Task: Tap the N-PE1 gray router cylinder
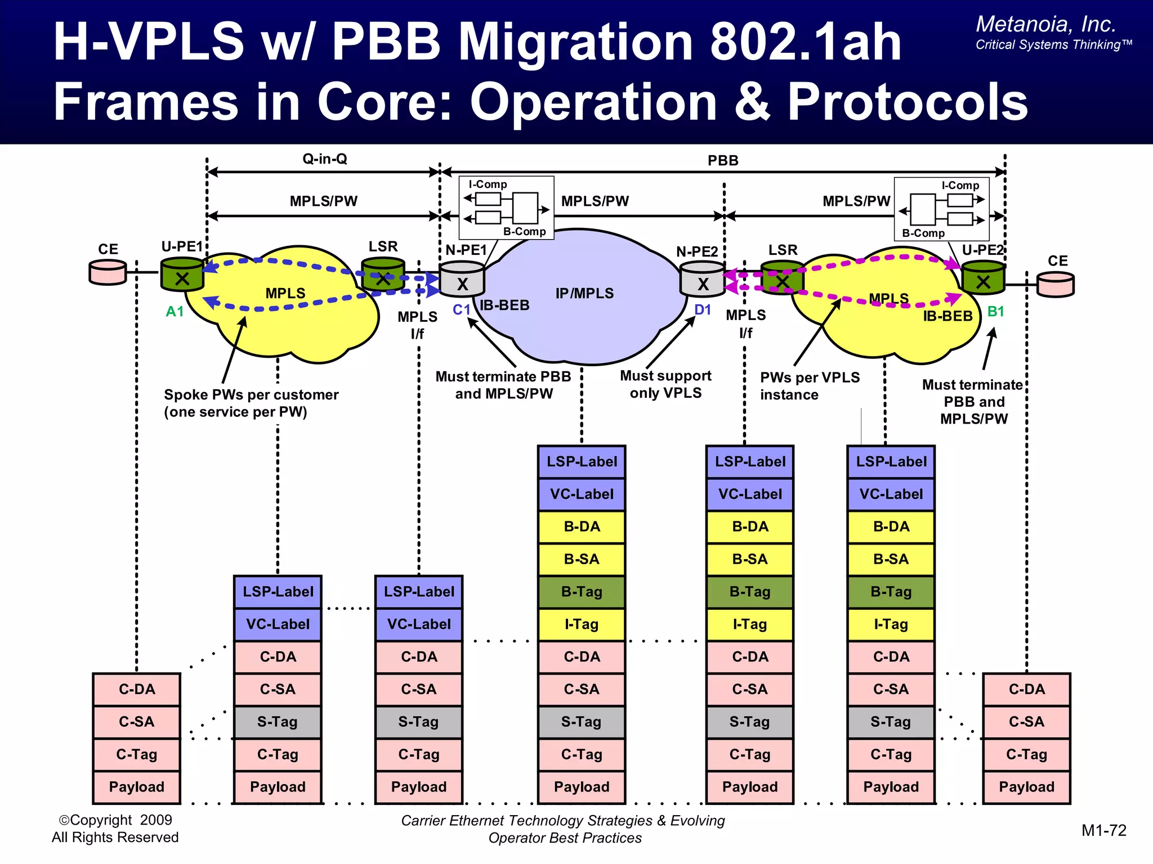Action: pos(462,280)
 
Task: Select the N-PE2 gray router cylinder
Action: pos(702,280)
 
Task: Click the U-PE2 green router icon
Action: pos(983,278)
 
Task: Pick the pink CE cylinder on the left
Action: pos(108,273)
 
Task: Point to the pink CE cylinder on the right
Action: pos(1056,284)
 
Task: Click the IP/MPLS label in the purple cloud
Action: pos(584,293)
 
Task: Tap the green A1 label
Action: pos(175,312)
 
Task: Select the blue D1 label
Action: pos(703,310)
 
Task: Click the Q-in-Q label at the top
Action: pos(325,159)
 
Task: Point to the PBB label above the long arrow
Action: pos(723,161)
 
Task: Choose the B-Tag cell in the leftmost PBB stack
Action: pos(582,592)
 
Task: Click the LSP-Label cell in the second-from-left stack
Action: pos(278,592)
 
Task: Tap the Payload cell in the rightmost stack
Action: pos(1026,787)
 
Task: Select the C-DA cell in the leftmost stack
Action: pos(137,689)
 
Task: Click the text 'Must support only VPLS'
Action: pos(665,384)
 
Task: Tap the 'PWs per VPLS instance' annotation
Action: pos(810,386)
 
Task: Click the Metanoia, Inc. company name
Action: pos(1045,25)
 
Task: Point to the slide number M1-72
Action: pos(1103,830)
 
